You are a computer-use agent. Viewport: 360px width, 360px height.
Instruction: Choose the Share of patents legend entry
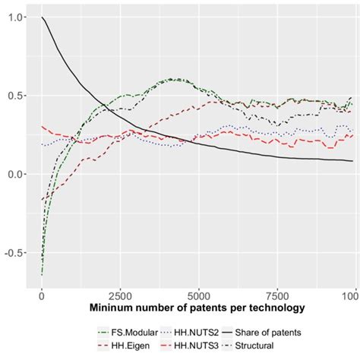click(270, 332)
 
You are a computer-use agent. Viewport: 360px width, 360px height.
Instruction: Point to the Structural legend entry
click(260, 346)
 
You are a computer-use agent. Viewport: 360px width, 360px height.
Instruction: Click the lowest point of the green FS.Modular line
click(42, 273)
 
